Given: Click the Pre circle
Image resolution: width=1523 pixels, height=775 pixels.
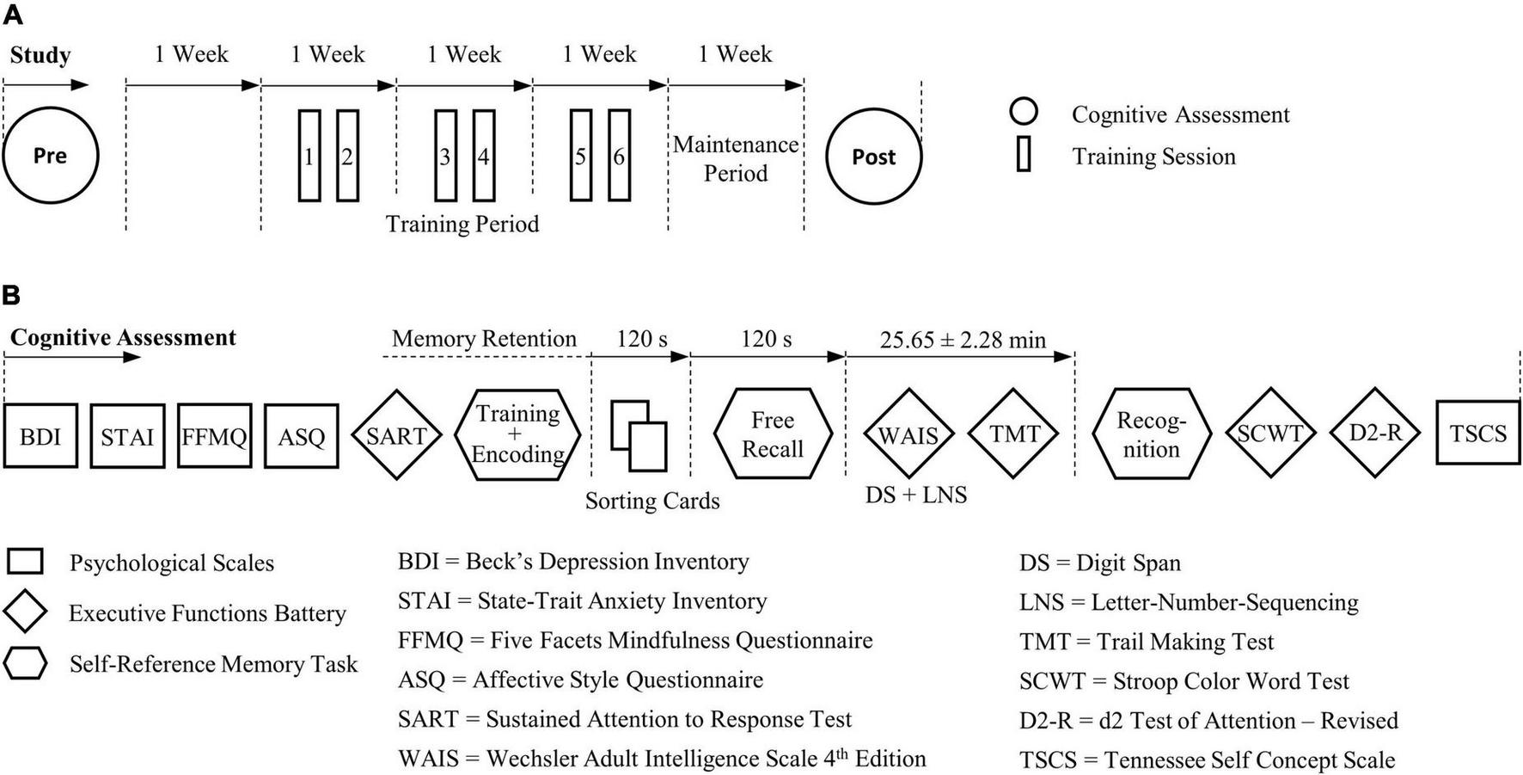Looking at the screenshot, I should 50,156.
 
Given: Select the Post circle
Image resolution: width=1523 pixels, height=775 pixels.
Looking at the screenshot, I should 873,157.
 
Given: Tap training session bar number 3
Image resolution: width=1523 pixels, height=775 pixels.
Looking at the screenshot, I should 445,156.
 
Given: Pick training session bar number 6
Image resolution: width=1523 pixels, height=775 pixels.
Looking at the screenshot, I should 619,156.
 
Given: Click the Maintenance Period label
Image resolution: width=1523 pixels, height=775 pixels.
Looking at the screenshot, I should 736,159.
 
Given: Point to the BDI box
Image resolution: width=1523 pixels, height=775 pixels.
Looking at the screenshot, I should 40,436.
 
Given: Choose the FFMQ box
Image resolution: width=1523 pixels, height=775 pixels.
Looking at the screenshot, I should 214,436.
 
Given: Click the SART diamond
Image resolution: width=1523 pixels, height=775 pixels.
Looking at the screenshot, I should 396,435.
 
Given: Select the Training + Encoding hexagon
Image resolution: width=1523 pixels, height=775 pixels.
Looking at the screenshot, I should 517,434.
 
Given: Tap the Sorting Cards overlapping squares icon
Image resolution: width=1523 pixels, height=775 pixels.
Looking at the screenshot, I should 639,435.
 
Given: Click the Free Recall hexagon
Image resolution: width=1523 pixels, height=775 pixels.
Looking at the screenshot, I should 773,434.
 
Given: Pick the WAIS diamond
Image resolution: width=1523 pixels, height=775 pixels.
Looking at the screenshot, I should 908,434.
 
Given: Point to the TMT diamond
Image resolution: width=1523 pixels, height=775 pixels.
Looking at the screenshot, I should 1014,434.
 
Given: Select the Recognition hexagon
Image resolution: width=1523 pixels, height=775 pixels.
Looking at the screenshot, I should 1152,434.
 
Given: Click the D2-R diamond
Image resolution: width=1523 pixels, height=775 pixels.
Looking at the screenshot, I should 1374,433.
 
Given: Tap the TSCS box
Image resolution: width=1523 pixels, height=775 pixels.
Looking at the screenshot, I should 1477,434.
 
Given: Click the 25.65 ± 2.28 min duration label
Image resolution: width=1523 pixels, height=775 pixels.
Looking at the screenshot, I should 963,340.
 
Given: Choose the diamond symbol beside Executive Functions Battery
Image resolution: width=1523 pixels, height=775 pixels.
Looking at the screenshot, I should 25,612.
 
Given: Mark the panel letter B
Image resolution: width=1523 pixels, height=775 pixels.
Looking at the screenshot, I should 11,296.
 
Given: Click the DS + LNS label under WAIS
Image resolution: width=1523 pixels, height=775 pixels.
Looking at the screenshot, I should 916,495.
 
